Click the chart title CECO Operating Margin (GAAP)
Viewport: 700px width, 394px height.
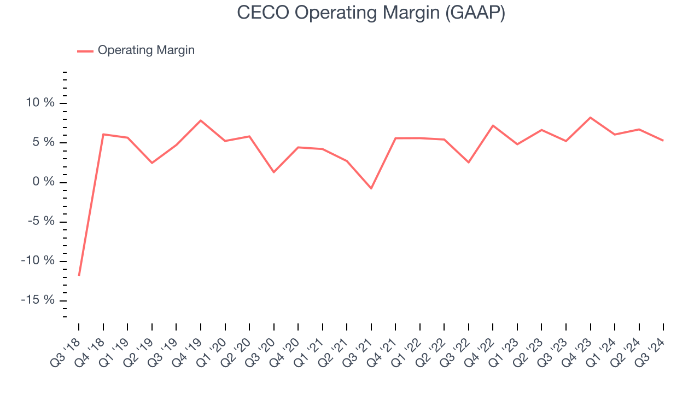[371, 13]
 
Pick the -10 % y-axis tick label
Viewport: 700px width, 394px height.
[38, 261]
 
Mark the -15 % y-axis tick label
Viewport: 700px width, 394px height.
[38, 300]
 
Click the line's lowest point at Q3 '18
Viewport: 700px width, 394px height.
[79, 275]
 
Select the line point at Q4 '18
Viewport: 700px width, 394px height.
[103, 134]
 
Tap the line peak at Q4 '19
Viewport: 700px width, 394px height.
[201, 120]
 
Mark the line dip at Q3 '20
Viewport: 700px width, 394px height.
[273, 172]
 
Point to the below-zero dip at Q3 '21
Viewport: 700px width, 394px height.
[371, 188]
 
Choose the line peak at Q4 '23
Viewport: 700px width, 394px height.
[591, 118]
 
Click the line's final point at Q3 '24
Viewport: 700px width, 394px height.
[663, 141]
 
